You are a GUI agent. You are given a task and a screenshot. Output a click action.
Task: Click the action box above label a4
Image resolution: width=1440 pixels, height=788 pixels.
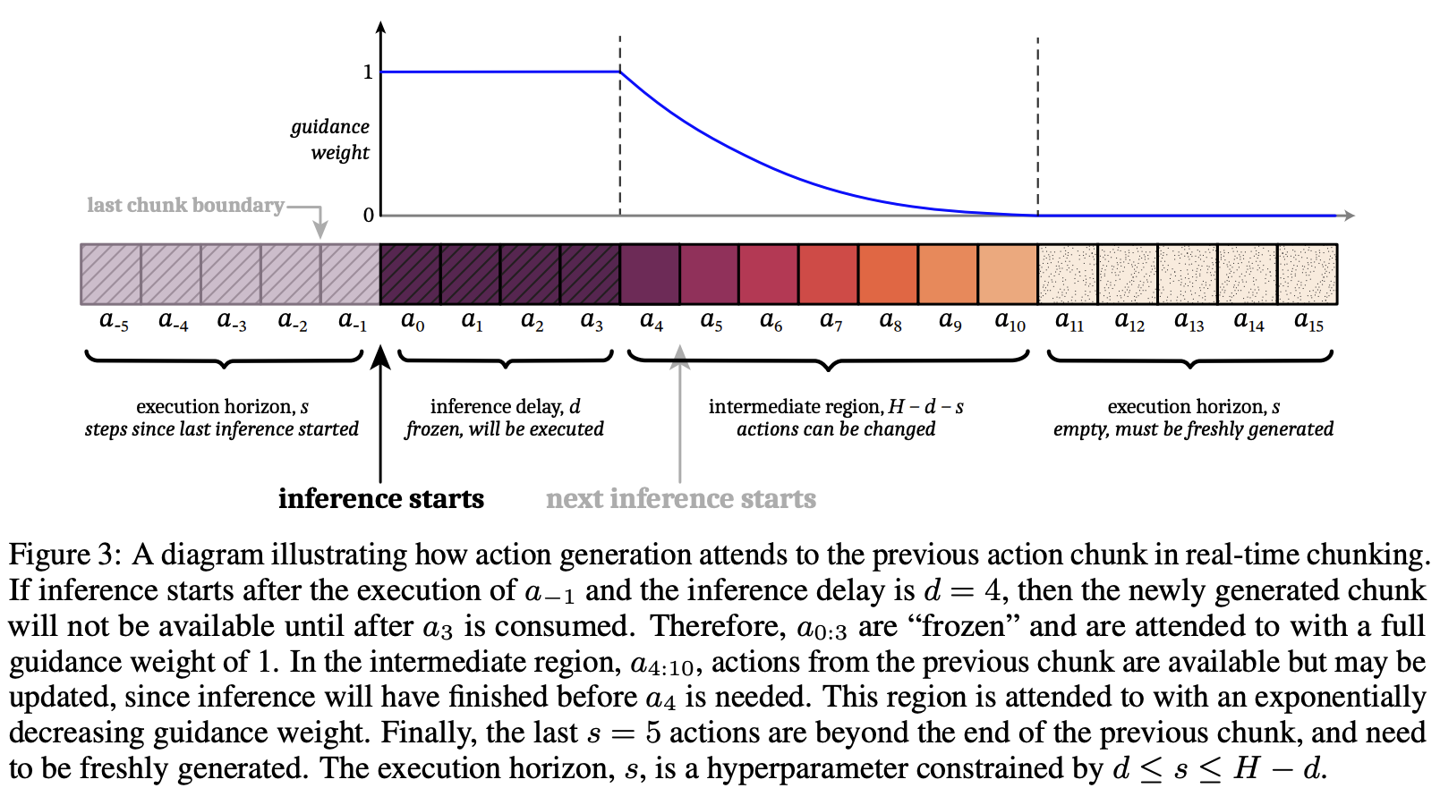click(x=650, y=274)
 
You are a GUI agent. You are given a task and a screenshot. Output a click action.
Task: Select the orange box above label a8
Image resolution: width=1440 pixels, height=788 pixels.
click(x=889, y=274)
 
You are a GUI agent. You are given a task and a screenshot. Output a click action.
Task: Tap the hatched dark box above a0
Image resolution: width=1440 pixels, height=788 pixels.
click(x=410, y=274)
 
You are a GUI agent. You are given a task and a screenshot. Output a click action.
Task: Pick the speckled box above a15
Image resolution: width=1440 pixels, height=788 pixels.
click(x=1308, y=274)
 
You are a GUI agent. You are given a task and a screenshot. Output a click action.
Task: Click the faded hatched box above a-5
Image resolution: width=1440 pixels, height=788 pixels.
click(x=111, y=274)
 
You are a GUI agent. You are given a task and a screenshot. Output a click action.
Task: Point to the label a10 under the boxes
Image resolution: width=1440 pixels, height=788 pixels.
click(x=1010, y=321)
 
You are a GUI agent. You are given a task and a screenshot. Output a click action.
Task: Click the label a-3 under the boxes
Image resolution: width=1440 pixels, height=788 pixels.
click(x=232, y=321)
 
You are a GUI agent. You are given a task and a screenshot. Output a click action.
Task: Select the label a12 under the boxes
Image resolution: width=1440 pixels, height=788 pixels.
click(x=1129, y=321)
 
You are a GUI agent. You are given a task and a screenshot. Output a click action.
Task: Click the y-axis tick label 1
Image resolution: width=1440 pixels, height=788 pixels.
click(x=368, y=72)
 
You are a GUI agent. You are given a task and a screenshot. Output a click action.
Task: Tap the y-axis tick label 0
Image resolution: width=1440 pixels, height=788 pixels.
click(x=368, y=216)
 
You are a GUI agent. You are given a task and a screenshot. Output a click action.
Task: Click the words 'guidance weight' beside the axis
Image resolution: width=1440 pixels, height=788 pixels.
click(x=330, y=140)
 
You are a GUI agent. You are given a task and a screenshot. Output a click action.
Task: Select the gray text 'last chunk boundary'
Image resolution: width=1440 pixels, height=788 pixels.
click(x=185, y=205)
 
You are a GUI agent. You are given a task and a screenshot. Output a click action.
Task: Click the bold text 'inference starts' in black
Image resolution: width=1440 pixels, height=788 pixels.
click(x=381, y=498)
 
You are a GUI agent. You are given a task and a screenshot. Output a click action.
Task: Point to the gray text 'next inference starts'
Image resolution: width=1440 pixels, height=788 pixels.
click(x=681, y=498)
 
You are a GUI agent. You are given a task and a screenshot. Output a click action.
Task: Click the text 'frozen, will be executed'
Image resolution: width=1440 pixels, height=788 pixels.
click(x=505, y=429)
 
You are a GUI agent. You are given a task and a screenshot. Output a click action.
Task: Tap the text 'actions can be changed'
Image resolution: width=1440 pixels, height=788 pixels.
click(x=836, y=429)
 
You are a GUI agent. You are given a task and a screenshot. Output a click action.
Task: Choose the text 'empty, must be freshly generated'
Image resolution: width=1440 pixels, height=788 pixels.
click(x=1193, y=429)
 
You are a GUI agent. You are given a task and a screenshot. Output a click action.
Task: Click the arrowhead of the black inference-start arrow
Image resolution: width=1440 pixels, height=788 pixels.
click(x=380, y=357)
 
